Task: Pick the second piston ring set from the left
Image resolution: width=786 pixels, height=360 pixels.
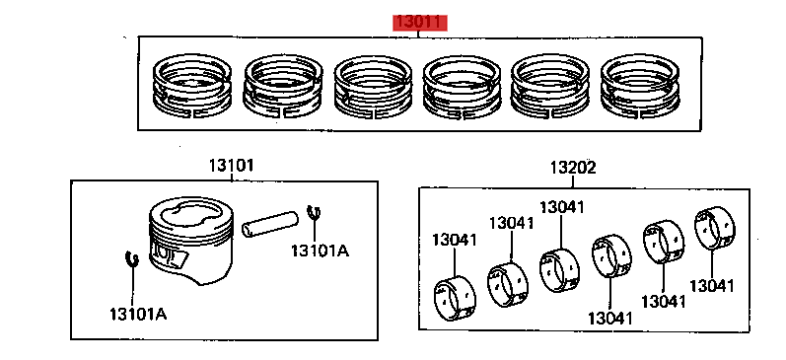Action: (x=282, y=87)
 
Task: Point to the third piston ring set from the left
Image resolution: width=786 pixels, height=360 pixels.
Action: (x=373, y=87)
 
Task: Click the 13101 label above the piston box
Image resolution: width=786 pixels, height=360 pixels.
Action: (x=230, y=166)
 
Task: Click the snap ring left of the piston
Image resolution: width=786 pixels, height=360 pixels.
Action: (x=132, y=259)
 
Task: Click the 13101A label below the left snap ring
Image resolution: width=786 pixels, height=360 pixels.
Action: (x=137, y=315)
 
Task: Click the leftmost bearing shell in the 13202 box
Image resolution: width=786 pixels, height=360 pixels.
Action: (x=454, y=298)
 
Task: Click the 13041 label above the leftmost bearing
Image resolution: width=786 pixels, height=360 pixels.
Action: (x=454, y=240)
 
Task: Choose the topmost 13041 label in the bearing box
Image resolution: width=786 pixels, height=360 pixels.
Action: (x=561, y=207)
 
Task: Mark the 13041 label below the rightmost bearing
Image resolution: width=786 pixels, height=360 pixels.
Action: (x=711, y=285)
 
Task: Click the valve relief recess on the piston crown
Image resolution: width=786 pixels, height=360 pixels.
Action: (x=188, y=214)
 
